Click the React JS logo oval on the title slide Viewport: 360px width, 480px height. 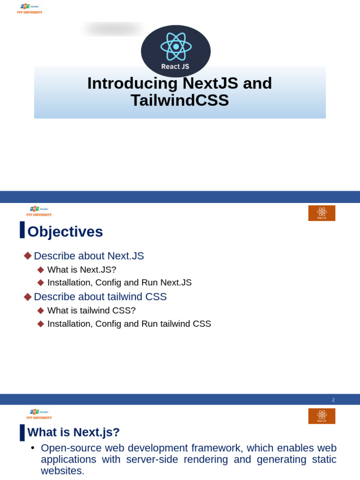coord(176,51)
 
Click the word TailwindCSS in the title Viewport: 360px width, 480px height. coord(180,100)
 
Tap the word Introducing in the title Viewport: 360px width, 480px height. coord(132,83)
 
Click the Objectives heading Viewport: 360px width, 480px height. coord(65,232)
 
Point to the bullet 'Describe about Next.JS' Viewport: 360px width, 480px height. coord(89,256)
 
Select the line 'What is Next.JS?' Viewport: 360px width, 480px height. coord(82,270)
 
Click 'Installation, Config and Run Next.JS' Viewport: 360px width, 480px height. coord(119,283)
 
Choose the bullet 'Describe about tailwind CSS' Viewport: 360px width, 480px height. coord(100,297)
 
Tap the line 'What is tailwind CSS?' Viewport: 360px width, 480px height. coord(91,310)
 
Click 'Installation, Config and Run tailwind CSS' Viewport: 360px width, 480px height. coord(129,324)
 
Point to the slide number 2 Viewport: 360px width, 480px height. coord(333,400)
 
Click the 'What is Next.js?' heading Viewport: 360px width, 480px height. coord(74,432)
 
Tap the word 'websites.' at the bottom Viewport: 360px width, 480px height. coord(63,471)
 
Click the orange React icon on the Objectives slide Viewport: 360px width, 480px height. coord(322,213)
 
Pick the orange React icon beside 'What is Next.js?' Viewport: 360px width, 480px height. coord(322,416)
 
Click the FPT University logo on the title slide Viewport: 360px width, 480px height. coord(30,8)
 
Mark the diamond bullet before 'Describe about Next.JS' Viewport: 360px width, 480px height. coord(28,256)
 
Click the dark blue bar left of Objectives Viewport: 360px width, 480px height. coord(22,230)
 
